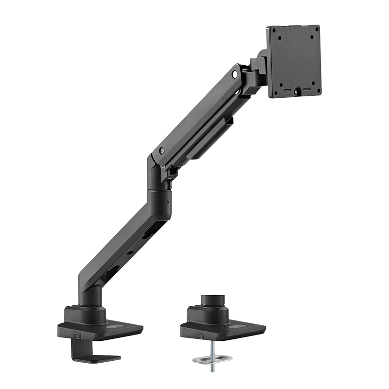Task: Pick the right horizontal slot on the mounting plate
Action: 307,89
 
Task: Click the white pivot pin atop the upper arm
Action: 235,74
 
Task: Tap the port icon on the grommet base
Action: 199,335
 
